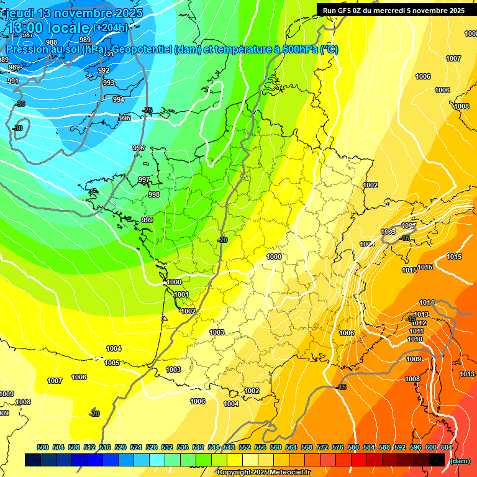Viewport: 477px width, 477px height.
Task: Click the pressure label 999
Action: (x=147, y=220)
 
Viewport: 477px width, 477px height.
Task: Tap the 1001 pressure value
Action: (x=181, y=294)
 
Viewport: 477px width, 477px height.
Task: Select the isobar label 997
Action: (x=144, y=179)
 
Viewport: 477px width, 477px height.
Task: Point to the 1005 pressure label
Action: (x=112, y=363)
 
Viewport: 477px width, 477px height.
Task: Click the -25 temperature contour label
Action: (x=147, y=110)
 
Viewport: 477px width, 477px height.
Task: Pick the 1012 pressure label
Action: (x=419, y=323)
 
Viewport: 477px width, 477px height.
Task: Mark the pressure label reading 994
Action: (x=119, y=99)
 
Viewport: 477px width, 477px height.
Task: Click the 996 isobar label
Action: (x=139, y=148)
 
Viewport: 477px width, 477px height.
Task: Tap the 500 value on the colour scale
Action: (x=43, y=447)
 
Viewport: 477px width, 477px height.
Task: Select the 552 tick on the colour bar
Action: (x=245, y=447)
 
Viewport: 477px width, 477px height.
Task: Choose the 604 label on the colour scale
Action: (x=447, y=447)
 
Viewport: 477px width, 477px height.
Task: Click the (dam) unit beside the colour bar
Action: (x=460, y=461)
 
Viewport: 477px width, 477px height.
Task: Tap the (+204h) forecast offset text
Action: (x=110, y=27)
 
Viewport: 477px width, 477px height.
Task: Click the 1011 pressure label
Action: (x=416, y=331)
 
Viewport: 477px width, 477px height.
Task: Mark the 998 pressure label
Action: (x=154, y=194)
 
